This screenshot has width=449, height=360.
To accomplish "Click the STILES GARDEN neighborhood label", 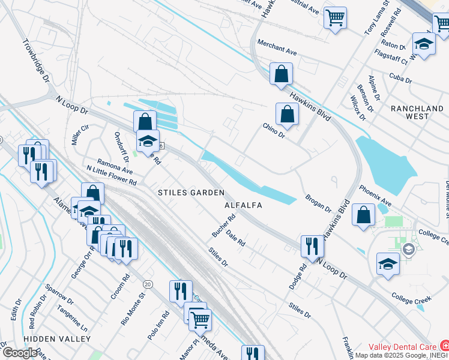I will pos(191,193).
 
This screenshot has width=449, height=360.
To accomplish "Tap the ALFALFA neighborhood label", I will pos(244,205).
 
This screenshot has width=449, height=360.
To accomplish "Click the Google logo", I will pos(19,353).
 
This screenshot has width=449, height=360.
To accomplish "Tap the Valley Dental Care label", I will pos(402,347).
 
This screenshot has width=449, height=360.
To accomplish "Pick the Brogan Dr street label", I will pos(318,203).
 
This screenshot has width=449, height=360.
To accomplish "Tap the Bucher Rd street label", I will pos(221,223).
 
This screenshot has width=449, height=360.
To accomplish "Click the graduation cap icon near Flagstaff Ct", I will pos(424,43).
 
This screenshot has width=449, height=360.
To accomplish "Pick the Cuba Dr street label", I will pos(400,80).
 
